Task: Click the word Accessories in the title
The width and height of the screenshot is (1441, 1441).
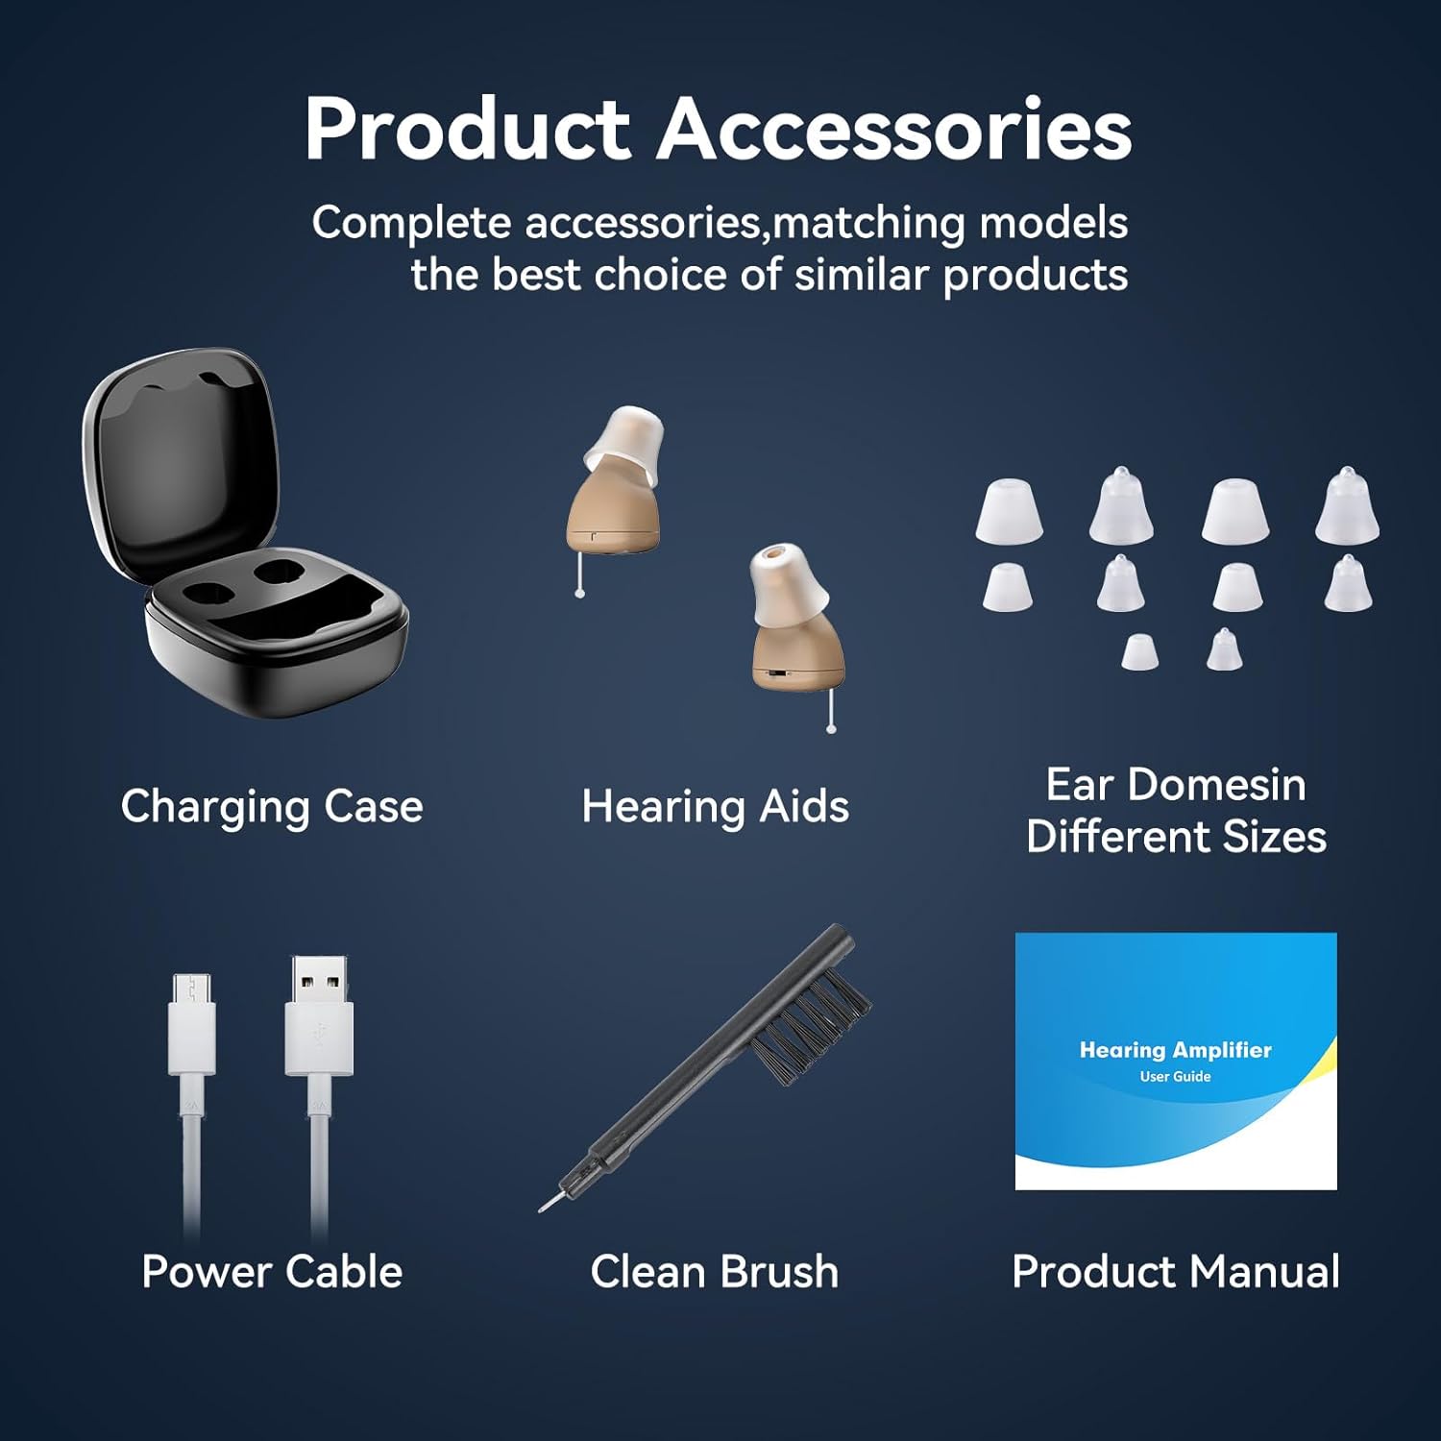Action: (x=894, y=129)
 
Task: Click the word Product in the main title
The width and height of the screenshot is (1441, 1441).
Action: (x=467, y=129)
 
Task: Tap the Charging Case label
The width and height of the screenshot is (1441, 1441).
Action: (x=272, y=807)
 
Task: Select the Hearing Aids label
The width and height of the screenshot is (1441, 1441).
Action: (x=716, y=807)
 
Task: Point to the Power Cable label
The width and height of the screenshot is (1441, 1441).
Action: (x=272, y=1272)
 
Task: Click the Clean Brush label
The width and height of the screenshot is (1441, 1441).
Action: (x=715, y=1272)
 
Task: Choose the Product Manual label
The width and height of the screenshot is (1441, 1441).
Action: (x=1176, y=1272)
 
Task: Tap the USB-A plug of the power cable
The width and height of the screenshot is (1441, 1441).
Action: (x=319, y=1015)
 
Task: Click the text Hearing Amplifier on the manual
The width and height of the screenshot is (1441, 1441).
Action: (x=1176, y=1050)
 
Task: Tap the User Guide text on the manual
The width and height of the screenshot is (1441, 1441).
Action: (x=1175, y=1077)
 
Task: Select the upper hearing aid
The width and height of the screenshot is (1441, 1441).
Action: (x=615, y=480)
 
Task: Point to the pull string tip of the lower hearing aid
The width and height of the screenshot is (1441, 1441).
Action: (x=831, y=729)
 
